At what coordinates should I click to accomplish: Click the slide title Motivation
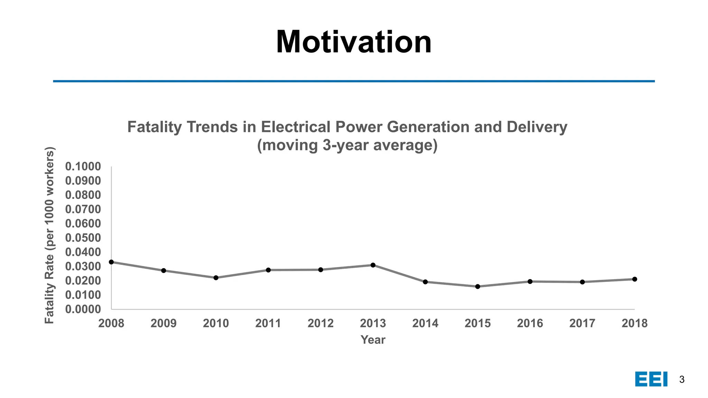pyautogui.click(x=354, y=42)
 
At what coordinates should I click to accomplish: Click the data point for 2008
pyautogui.click(x=111, y=262)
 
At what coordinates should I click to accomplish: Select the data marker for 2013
pyautogui.click(x=373, y=265)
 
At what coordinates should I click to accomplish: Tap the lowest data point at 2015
pyautogui.click(x=478, y=286)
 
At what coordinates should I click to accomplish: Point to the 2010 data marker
pyautogui.click(x=216, y=278)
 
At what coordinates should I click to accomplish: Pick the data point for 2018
pyautogui.click(x=635, y=279)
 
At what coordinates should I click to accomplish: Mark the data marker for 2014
pyautogui.click(x=426, y=282)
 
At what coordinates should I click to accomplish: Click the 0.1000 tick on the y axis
pyautogui.click(x=83, y=167)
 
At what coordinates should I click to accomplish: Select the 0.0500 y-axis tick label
pyautogui.click(x=83, y=238)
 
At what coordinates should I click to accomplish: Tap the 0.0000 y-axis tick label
pyautogui.click(x=83, y=309)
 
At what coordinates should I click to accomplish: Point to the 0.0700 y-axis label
pyautogui.click(x=83, y=209)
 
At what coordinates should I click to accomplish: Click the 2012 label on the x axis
pyautogui.click(x=320, y=323)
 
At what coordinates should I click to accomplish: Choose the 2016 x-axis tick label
pyautogui.click(x=530, y=323)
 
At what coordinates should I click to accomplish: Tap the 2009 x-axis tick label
pyautogui.click(x=164, y=323)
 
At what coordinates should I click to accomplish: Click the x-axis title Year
pyautogui.click(x=373, y=340)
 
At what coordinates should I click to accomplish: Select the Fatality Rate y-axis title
pyautogui.click(x=49, y=235)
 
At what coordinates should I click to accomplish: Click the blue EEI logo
pyautogui.click(x=651, y=379)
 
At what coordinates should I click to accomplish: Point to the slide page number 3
pyautogui.click(x=682, y=379)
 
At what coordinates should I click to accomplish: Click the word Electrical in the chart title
pyautogui.click(x=296, y=127)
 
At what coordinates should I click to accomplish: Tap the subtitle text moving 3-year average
pyautogui.click(x=347, y=145)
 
